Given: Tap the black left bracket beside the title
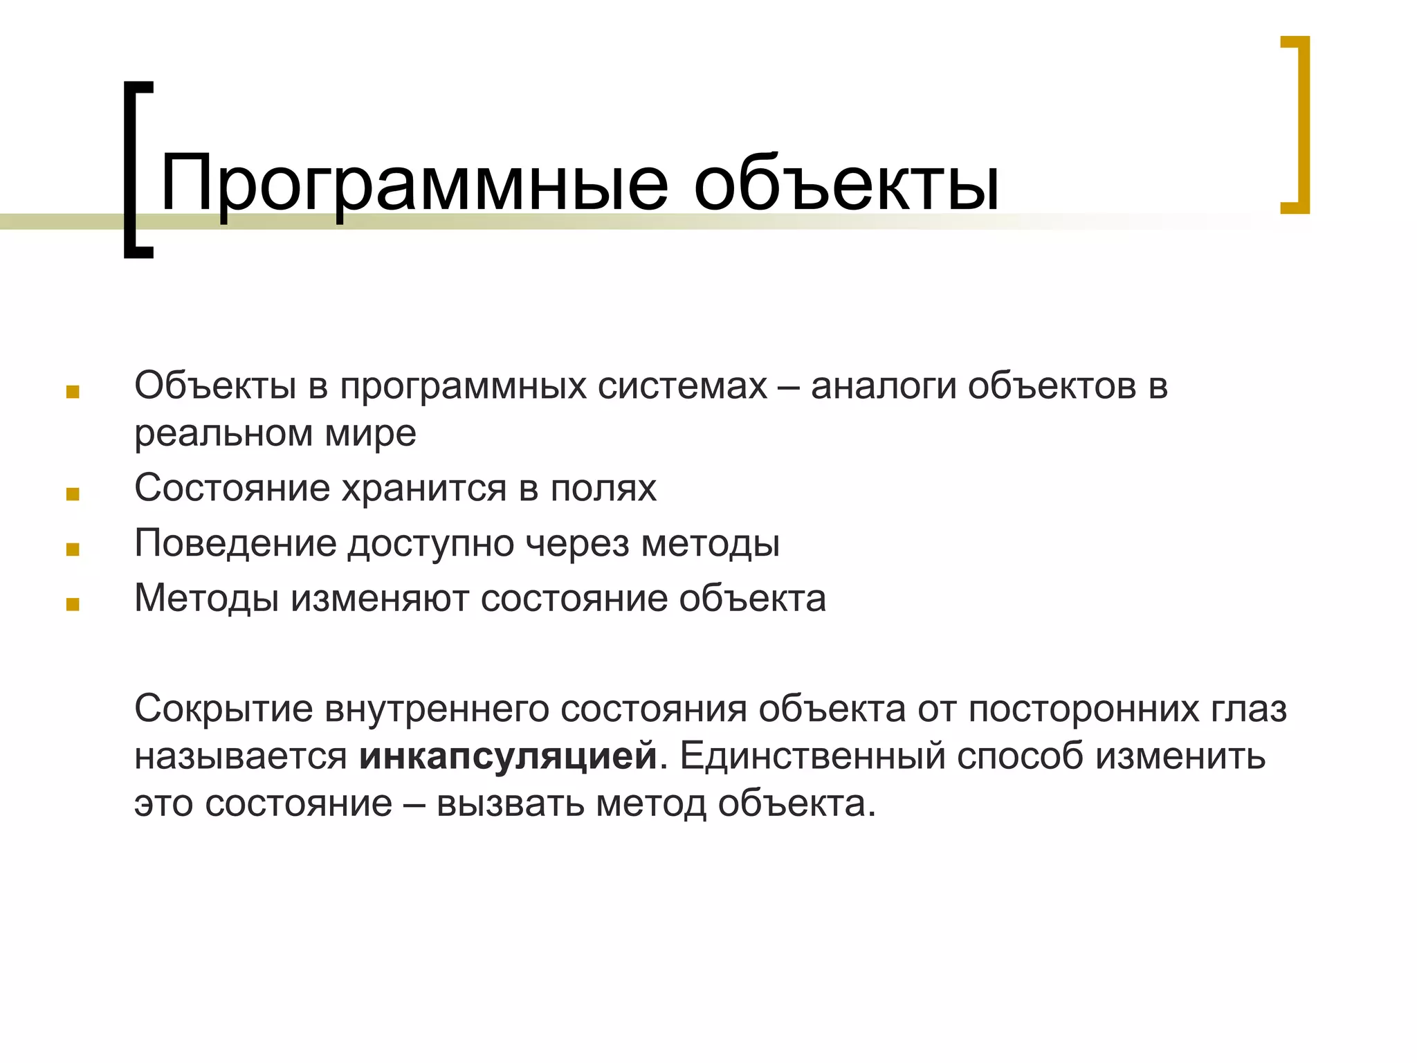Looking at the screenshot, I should [136, 170].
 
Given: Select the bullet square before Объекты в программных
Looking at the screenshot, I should [73, 392].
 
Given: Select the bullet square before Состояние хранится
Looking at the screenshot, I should [73, 494].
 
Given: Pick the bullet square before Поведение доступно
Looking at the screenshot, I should [73, 549].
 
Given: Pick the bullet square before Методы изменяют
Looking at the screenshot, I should [73, 605].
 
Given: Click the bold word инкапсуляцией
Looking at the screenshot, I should [507, 756].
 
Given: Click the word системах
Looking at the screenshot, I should [682, 386].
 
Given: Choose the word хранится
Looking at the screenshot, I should [424, 489].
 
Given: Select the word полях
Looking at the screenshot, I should [603, 489].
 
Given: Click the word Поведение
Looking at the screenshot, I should [235, 543].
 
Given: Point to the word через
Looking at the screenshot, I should [577, 543].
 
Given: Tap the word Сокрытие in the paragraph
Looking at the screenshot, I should [223, 709].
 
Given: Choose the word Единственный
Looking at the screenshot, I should [812, 756].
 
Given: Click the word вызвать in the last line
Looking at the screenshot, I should [510, 803].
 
